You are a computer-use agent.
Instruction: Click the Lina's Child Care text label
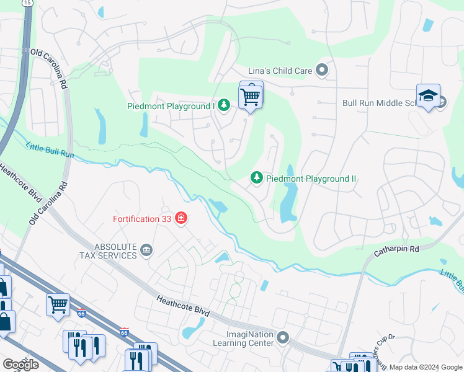[x=280, y=71]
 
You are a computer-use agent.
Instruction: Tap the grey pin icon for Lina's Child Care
[x=321, y=70]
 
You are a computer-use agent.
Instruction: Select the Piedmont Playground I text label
[x=179, y=106]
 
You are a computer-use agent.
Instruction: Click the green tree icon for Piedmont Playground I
[x=223, y=106]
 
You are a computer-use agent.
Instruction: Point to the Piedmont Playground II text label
[x=311, y=179]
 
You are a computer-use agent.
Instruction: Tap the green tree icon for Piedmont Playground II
[x=256, y=179]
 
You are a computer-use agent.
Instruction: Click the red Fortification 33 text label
[x=142, y=218]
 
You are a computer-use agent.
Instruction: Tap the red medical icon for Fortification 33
[x=181, y=218]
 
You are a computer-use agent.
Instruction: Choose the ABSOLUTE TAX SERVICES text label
[x=108, y=250]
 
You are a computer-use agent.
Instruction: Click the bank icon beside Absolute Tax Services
[x=146, y=250]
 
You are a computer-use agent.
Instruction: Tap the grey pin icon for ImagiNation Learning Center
[x=283, y=338]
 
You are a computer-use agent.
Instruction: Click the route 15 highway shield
[x=27, y=3]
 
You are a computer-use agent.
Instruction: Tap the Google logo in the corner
[x=20, y=365]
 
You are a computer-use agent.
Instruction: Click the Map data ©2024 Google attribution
[x=425, y=367]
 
